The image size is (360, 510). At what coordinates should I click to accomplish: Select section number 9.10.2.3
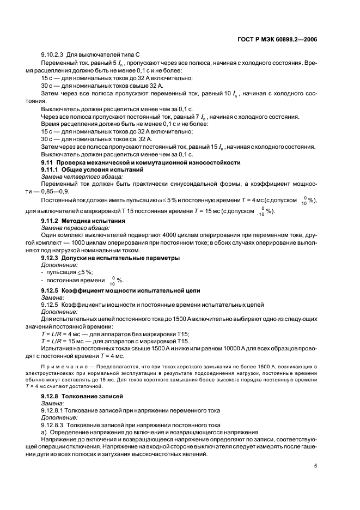[54, 56]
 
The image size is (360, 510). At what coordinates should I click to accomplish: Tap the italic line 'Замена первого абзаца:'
[76, 227]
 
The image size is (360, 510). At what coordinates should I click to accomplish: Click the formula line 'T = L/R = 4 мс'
[63, 333]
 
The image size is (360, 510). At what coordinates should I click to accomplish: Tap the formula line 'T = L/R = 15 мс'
[64, 340]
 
